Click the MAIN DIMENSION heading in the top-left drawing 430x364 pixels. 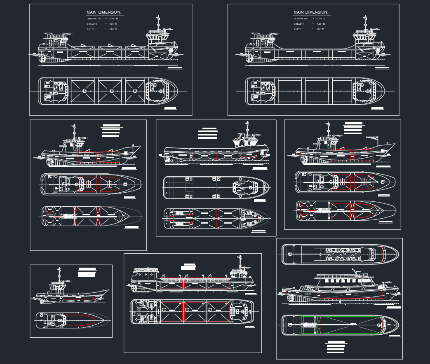(x=103, y=12)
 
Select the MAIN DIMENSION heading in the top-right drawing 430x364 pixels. (x=310, y=12)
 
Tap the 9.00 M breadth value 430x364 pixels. (x=111, y=24)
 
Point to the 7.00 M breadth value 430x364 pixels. (x=318, y=24)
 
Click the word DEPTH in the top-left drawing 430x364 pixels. (x=91, y=29)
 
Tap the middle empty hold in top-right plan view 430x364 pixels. (x=318, y=91)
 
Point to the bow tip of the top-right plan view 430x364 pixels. (x=383, y=91)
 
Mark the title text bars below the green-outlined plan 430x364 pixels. (x=335, y=347)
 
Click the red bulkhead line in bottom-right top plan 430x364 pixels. (x=383, y=254)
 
